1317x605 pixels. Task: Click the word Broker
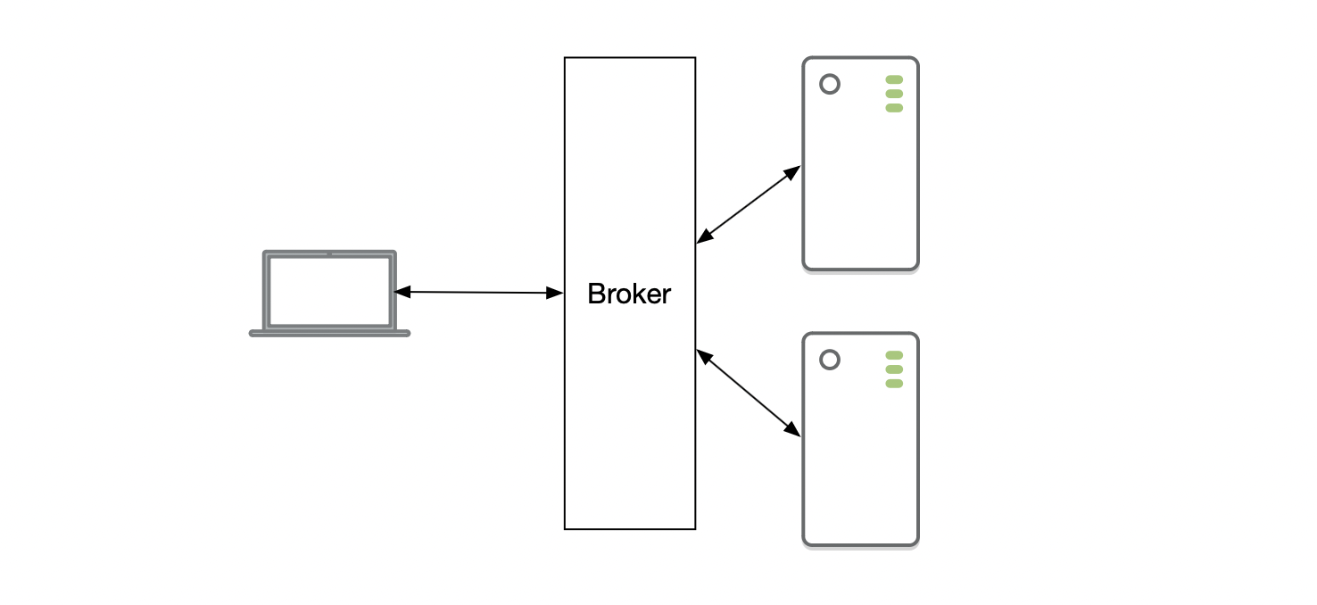[x=629, y=294]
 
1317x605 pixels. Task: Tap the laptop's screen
[x=329, y=291]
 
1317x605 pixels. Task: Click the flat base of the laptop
[x=329, y=333]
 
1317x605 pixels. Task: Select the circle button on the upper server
[x=830, y=85]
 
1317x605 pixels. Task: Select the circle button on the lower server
[x=830, y=360]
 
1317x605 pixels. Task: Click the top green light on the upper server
[x=894, y=79]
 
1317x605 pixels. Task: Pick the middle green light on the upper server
[x=894, y=94]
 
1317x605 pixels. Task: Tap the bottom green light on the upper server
[x=894, y=108]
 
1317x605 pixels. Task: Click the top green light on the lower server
[x=894, y=355]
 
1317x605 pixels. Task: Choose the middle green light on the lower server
[x=894, y=369]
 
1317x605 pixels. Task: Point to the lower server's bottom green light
[x=894, y=384]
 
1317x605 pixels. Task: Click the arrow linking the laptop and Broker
[x=478, y=292]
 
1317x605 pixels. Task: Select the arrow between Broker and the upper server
[x=748, y=204]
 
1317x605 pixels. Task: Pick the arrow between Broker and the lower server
[x=748, y=393]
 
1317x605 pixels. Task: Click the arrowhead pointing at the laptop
[x=402, y=291]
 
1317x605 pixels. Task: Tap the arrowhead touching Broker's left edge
[x=556, y=293]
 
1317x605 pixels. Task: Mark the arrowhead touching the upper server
[x=793, y=171]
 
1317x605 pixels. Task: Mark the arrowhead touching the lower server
[x=793, y=430]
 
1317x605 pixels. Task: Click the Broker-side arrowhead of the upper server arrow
[x=703, y=237]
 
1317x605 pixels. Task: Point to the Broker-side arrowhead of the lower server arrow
[x=703, y=355]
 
